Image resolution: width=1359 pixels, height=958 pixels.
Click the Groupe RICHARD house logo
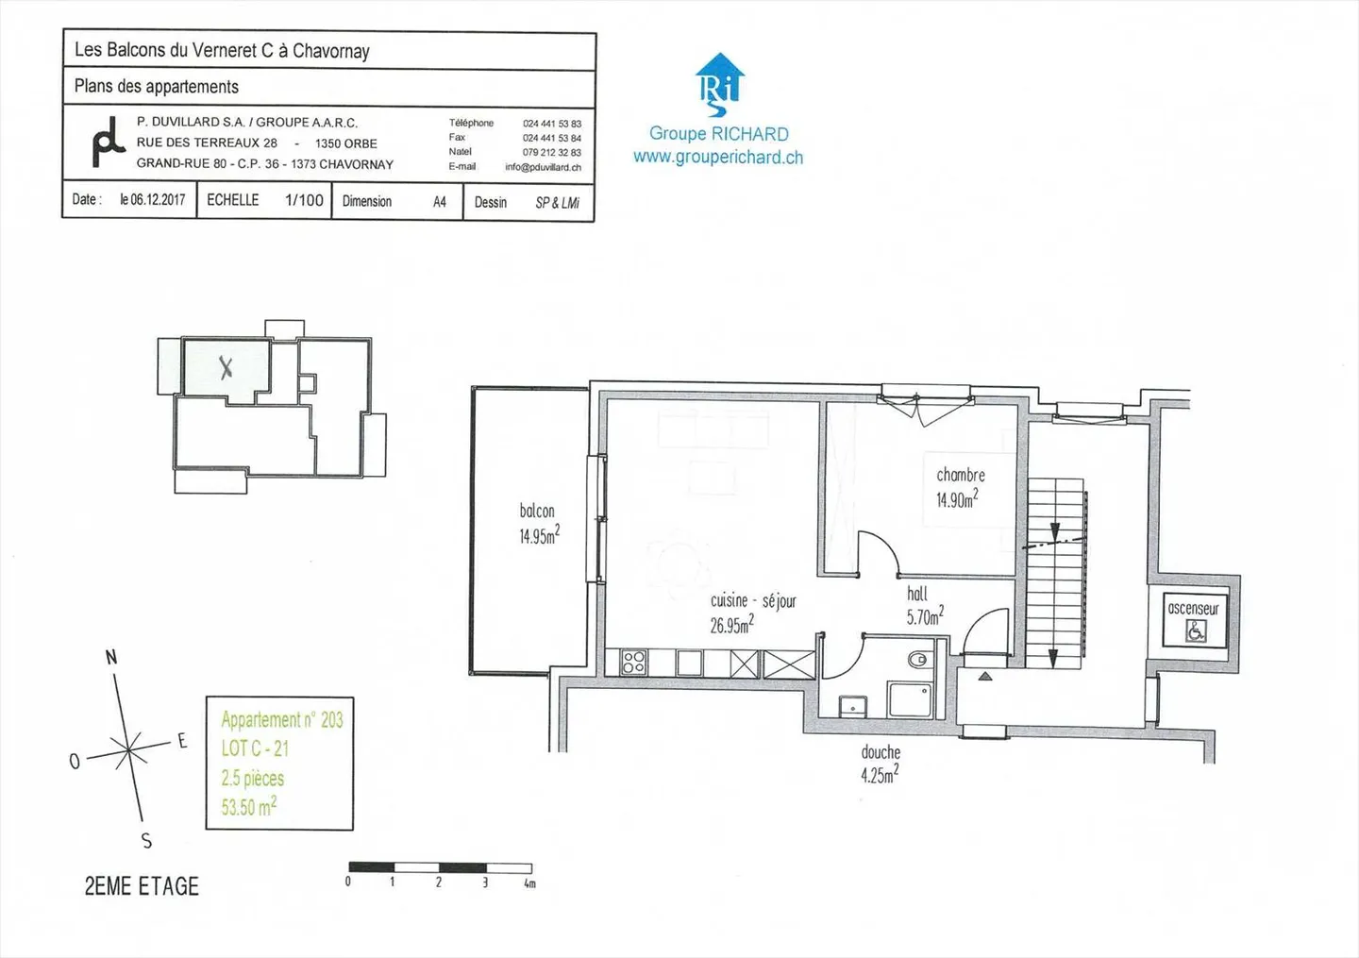[x=719, y=83]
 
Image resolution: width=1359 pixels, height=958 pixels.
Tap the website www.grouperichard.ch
[x=718, y=158]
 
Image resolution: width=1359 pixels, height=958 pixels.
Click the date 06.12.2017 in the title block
[x=153, y=200]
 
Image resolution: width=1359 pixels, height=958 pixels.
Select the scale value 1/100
[x=304, y=200]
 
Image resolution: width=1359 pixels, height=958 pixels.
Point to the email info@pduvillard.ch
[x=543, y=167]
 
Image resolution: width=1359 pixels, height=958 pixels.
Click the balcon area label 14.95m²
[x=539, y=536]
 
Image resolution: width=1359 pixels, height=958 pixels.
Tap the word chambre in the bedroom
[x=960, y=475]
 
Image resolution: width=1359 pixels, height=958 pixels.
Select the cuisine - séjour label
[x=753, y=601]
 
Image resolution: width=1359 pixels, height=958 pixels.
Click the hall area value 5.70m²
[x=924, y=617]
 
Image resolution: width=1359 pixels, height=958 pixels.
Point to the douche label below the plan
[x=880, y=752]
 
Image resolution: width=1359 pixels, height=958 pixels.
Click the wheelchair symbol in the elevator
[x=1195, y=631]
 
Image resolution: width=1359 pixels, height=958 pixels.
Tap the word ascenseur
[x=1193, y=609]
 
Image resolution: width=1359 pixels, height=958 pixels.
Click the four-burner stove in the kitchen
[x=634, y=663]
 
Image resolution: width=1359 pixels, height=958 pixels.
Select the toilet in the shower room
[x=916, y=659]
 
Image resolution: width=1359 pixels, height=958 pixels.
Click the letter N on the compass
[x=111, y=657]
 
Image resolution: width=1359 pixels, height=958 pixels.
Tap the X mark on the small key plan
[x=226, y=367]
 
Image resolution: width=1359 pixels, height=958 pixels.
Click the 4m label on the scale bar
[x=529, y=883]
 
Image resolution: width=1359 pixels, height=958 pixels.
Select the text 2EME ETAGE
[x=142, y=886]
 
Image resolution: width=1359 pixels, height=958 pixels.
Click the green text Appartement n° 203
[x=281, y=720]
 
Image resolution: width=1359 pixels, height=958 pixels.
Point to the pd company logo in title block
[x=108, y=143]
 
